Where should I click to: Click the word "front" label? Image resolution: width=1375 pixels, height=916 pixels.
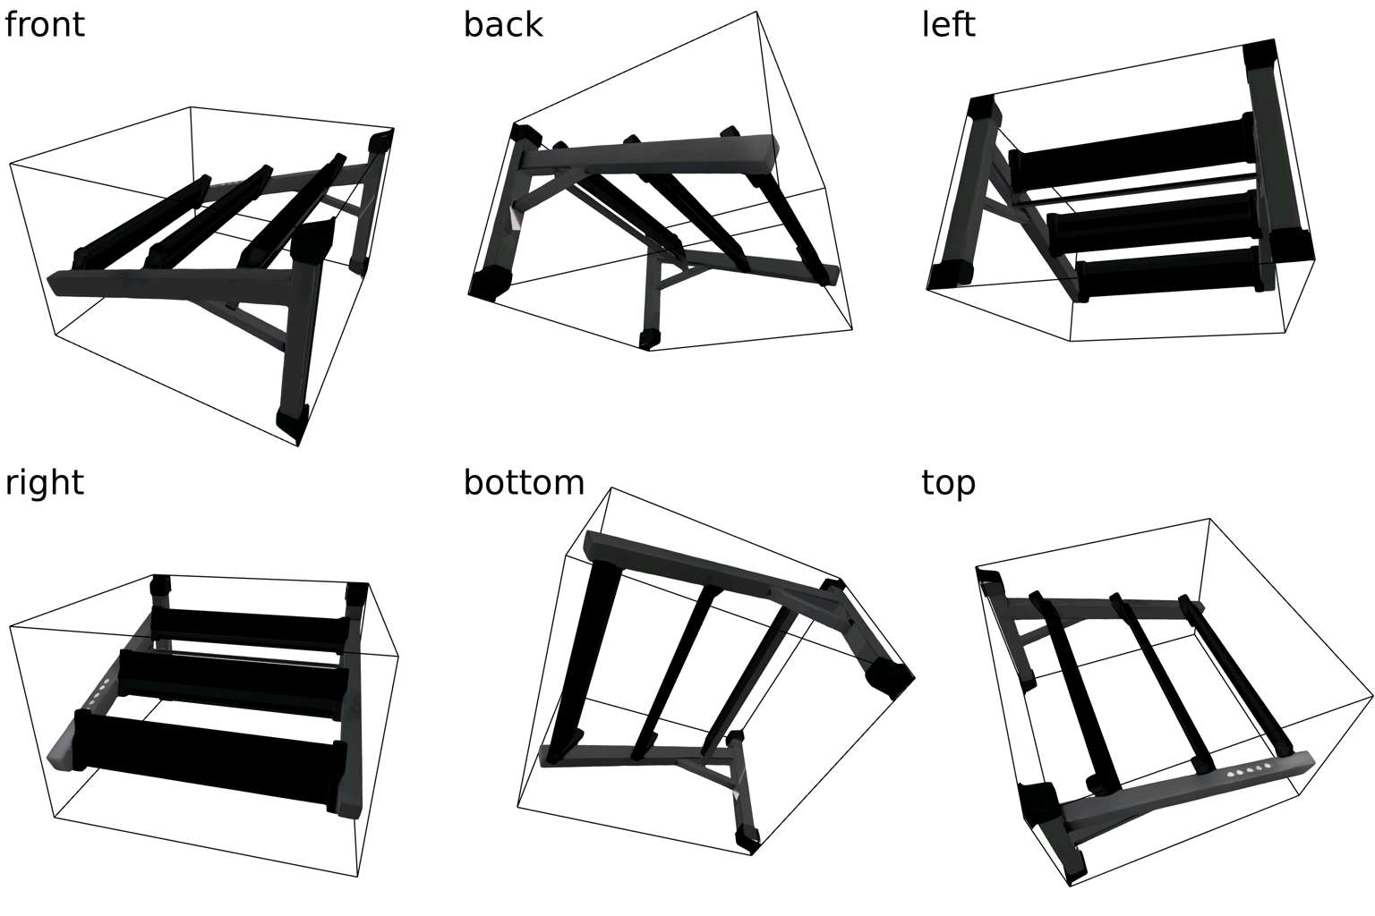point(44,25)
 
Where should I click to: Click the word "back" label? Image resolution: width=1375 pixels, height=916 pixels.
point(503,25)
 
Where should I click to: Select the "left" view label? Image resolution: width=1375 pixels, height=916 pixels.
point(948,25)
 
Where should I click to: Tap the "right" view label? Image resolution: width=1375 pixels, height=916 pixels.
point(44,483)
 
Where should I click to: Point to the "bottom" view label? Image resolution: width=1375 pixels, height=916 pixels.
point(524,483)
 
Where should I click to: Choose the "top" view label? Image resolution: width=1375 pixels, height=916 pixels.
point(948,484)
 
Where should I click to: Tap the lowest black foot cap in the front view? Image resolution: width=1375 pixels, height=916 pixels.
point(292,425)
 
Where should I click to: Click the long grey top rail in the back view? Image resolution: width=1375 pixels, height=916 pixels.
point(647,156)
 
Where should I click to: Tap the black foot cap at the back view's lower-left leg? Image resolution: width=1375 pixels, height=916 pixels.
point(490,284)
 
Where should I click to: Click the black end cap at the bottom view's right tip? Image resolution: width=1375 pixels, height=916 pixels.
point(890,677)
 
